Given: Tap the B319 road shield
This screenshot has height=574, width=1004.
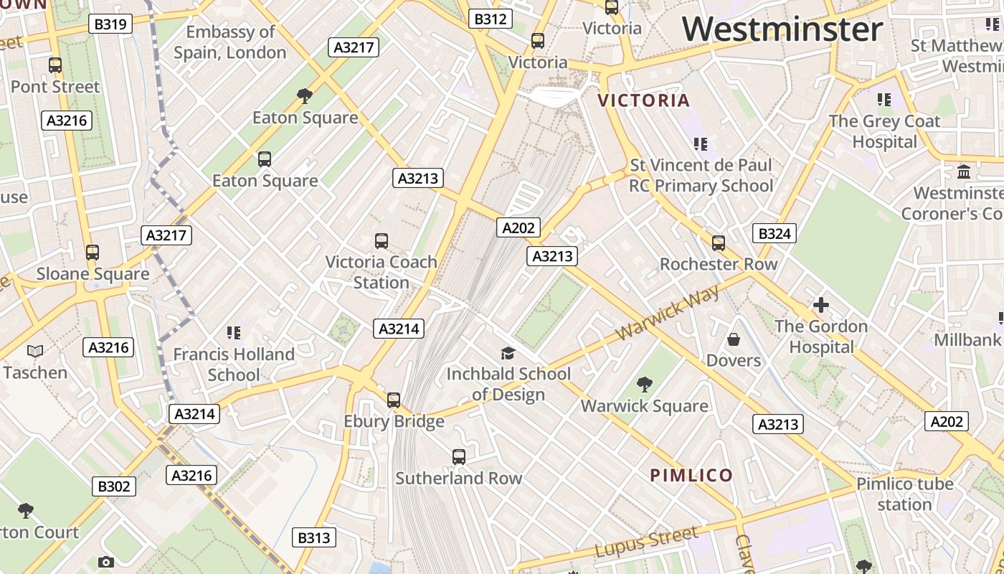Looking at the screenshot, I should coord(110,24).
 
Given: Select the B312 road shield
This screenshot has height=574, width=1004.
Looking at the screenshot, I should coord(491,19).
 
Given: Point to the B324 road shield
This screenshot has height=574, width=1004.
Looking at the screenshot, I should coord(775,233).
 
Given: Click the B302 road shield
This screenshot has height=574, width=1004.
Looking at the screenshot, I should coord(114,486).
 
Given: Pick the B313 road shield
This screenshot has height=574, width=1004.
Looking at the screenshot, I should coord(315,537).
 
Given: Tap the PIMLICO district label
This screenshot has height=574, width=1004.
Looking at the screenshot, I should coord(691,475).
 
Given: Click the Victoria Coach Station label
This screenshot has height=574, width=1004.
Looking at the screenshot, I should coord(381,272).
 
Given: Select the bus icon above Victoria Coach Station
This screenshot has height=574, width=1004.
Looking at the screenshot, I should coord(382,241).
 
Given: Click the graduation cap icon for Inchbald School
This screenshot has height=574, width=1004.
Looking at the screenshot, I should coord(508,353).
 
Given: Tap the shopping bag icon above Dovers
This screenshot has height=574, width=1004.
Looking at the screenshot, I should coord(733,339).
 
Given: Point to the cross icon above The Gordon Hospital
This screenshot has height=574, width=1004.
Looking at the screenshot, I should coord(821,306).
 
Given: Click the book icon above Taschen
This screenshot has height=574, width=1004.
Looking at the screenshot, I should coord(35,351).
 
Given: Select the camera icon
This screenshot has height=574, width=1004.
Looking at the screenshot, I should coord(106,563).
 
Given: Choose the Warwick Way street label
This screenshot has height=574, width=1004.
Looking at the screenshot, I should coord(668,314).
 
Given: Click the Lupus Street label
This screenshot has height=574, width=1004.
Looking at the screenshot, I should coord(646,542).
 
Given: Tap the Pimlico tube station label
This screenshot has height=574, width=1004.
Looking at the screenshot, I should coord(905,494).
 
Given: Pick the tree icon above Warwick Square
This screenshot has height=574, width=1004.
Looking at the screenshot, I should coord(645,385).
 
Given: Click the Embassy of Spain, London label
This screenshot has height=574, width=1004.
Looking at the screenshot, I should coord(230,42).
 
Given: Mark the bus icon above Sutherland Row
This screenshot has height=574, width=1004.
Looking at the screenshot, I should coord(459,456).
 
